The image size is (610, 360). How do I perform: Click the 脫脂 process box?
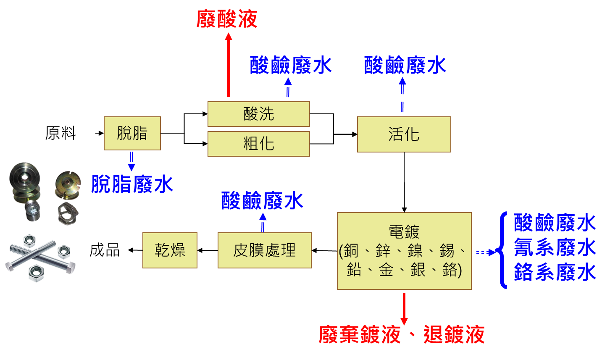[x=132, y=133]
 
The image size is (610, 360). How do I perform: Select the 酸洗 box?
[x=259, y=114]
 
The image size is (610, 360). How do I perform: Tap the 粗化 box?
[x=259, y=144]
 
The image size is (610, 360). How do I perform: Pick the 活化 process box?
[x=404, y=134]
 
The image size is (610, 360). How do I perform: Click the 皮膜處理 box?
[x=264, y=250]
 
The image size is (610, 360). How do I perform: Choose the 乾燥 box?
[x=170, y=250]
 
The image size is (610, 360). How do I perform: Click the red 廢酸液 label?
[x=227, y=19]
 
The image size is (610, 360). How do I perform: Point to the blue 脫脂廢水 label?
[x=132, y=184]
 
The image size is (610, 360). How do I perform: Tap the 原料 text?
[x=60, y=133]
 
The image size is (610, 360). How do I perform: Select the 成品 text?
[x=105, y=250]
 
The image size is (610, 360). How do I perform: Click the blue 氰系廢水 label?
[x=555, y=247]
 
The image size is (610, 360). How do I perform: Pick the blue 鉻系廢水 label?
[x=555, y=272]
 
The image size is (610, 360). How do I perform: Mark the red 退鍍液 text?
[x=454, y=334]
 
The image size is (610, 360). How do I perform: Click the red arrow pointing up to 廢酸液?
[x=229, y=65]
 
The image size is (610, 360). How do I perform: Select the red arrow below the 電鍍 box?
[x=404, y=309]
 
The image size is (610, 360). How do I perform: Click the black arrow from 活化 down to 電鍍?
[x=404, y=182]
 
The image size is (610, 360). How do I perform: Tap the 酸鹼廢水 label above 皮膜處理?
[x=262, y=200]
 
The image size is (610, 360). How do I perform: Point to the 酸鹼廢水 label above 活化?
[x=405, y=65]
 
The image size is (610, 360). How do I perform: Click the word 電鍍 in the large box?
[x=404, y=232]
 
